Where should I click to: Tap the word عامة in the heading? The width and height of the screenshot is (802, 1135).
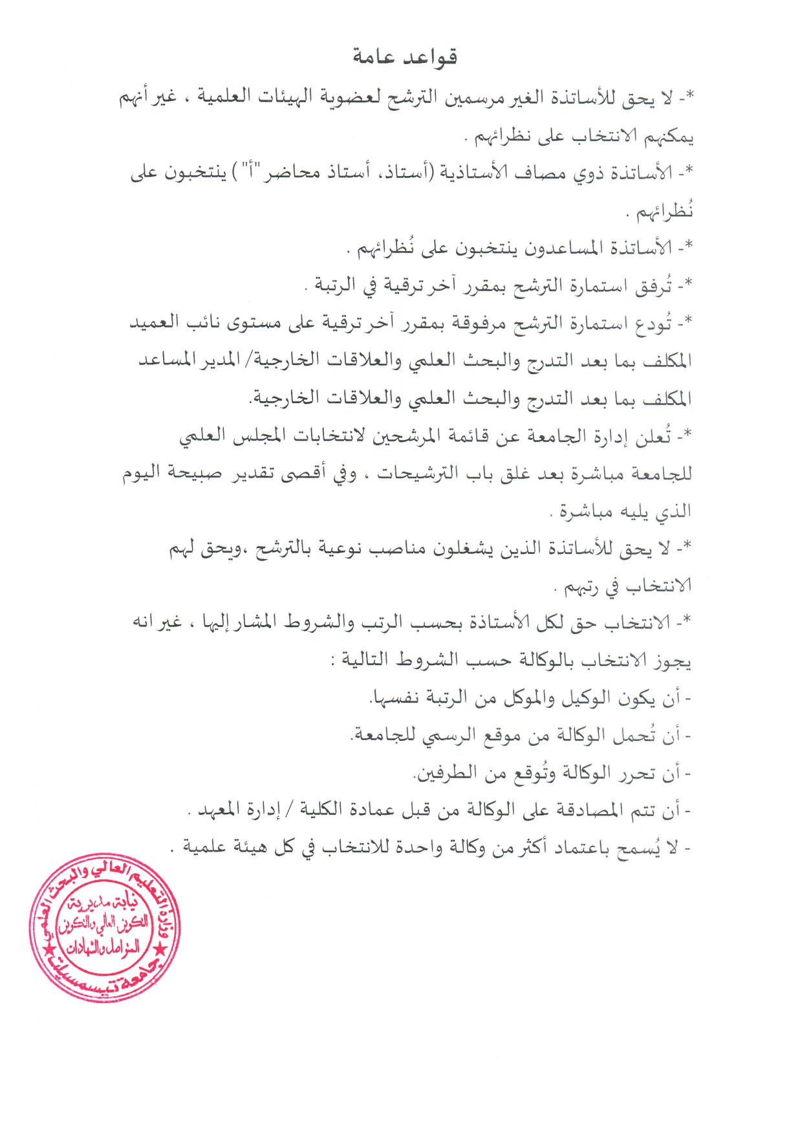tap(373, 58)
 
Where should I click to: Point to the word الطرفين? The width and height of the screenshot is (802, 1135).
tap(446, 774)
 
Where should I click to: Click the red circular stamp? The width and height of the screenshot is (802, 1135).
tap(105, 928)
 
